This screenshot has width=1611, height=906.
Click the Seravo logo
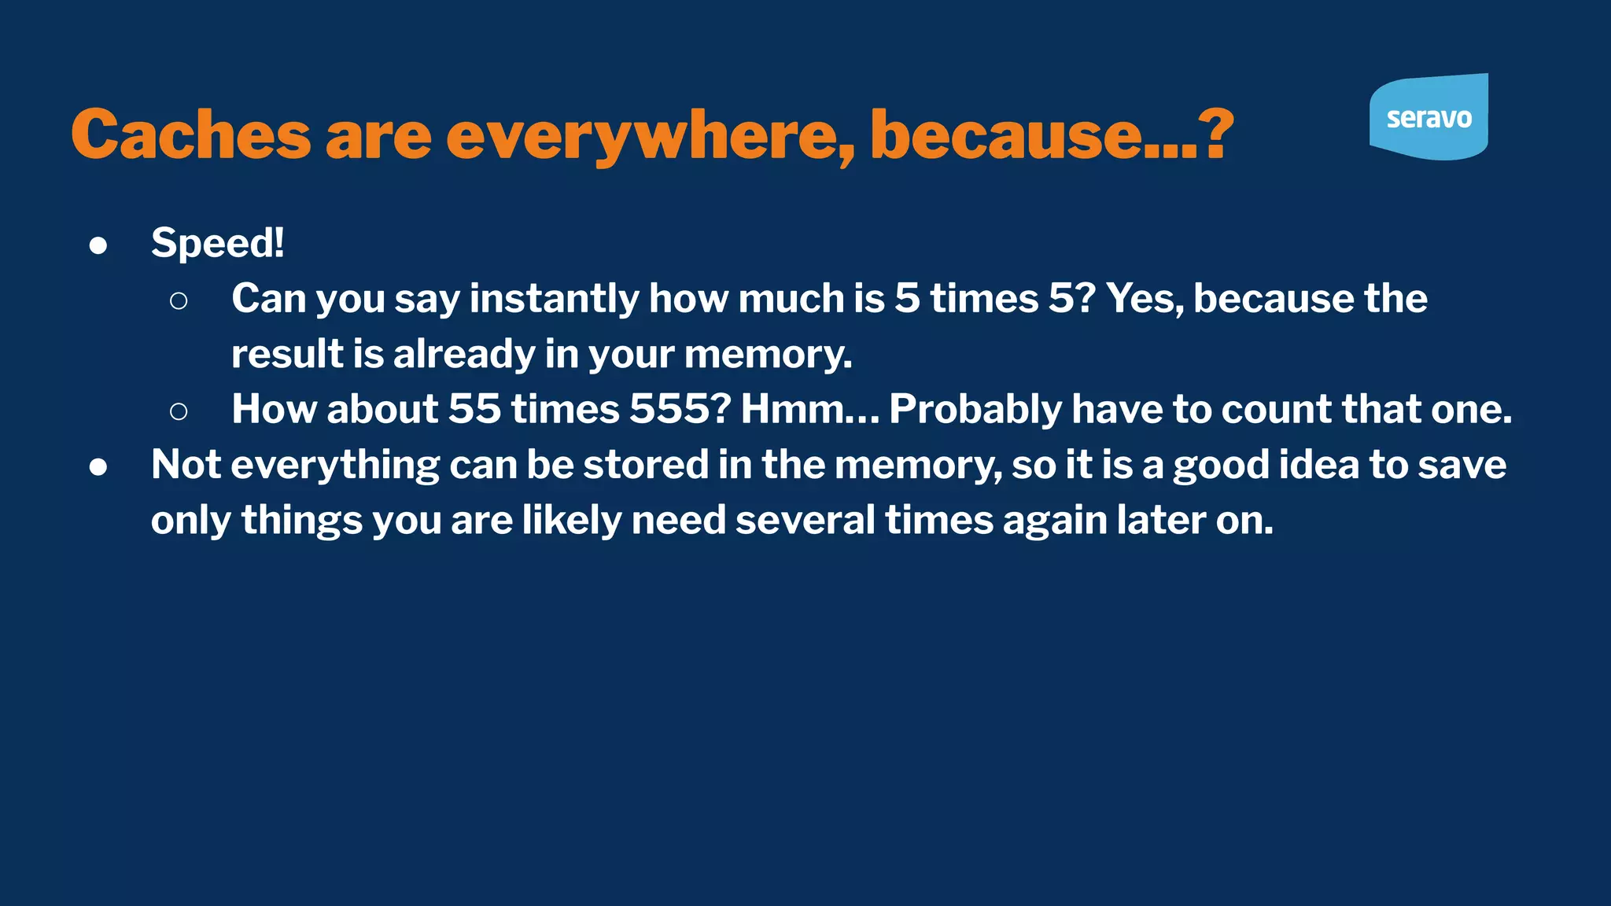click(x=1429, y=117)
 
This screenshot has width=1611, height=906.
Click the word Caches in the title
click(x=191, y=134)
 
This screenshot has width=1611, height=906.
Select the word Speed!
click(x=217, y=243)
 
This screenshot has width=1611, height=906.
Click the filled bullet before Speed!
click(x=98, y=245)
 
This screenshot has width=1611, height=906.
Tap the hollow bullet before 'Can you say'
click(x=179, y=300)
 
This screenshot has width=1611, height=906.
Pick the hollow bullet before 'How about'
click(x=179, y=411)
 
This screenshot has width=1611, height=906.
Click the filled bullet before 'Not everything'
click(x=98, y=467)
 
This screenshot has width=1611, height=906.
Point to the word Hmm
click(x=791, y=410)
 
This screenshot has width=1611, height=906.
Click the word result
click(x=287, y=355)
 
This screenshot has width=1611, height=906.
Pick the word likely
click(x=572, y=521)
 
